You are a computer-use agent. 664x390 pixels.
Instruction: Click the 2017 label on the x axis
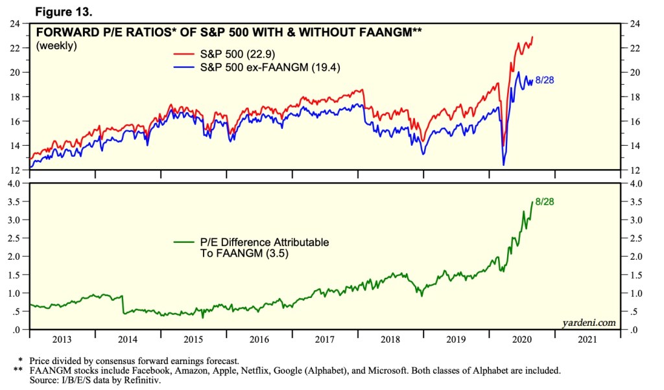click(x=325, y=339)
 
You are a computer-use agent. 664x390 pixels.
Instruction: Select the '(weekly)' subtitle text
click(x=57, y=45)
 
